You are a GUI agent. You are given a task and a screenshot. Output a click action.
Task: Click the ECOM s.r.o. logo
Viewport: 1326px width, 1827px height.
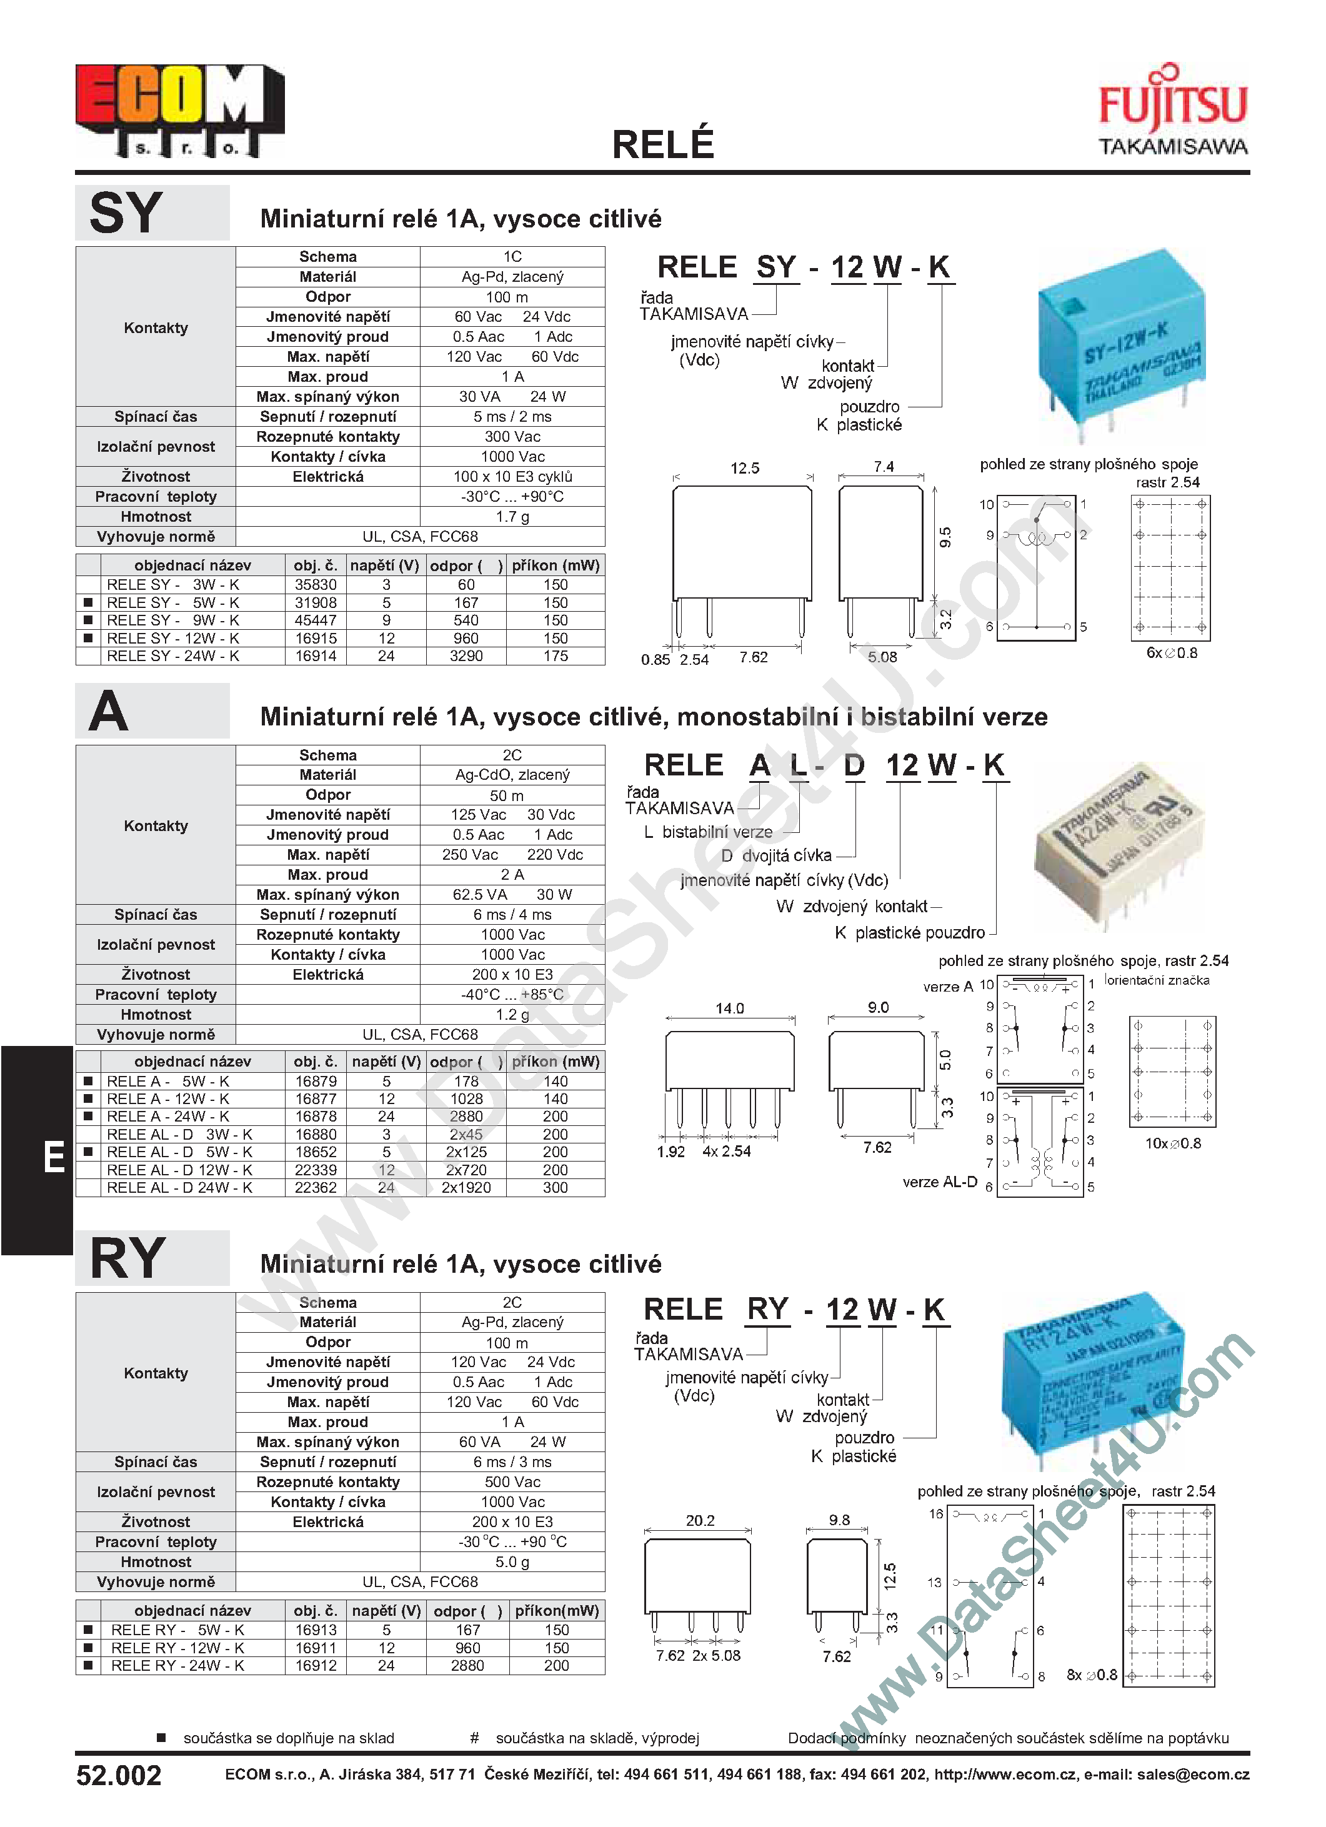point(179,111)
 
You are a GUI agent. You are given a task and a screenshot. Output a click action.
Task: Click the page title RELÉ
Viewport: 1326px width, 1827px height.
point(662,145)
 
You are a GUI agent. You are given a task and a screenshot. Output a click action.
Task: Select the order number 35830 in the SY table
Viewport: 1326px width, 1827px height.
point(315,585)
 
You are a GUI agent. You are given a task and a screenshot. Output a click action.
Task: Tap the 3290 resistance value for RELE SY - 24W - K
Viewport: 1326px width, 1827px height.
point(466,655)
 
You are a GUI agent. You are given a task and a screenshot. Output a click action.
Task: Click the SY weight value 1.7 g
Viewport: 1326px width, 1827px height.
point(512,516)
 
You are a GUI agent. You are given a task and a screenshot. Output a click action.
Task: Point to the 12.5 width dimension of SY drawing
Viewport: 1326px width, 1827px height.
point(744,468)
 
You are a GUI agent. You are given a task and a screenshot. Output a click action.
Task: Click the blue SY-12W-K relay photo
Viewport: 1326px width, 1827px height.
point(1120,346)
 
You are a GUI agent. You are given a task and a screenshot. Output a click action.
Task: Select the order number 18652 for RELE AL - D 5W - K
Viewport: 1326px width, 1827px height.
point(315,1152)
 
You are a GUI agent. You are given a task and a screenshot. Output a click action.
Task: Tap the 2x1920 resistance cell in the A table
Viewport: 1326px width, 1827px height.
point(466,1187)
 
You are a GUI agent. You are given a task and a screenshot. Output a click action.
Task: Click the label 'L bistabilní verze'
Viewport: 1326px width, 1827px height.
point(708,832)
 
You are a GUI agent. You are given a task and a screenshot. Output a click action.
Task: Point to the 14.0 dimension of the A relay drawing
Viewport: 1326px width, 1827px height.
point(729,1008)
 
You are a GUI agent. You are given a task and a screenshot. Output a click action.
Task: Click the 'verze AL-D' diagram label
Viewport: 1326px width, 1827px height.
point(939,1182)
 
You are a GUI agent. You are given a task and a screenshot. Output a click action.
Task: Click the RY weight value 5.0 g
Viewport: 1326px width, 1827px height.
point(512,1562)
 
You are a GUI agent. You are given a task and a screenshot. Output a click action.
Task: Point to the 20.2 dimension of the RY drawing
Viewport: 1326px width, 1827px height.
point(699,1520)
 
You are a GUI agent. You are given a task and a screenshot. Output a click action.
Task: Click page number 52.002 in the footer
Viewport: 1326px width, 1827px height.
point(119,1775)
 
